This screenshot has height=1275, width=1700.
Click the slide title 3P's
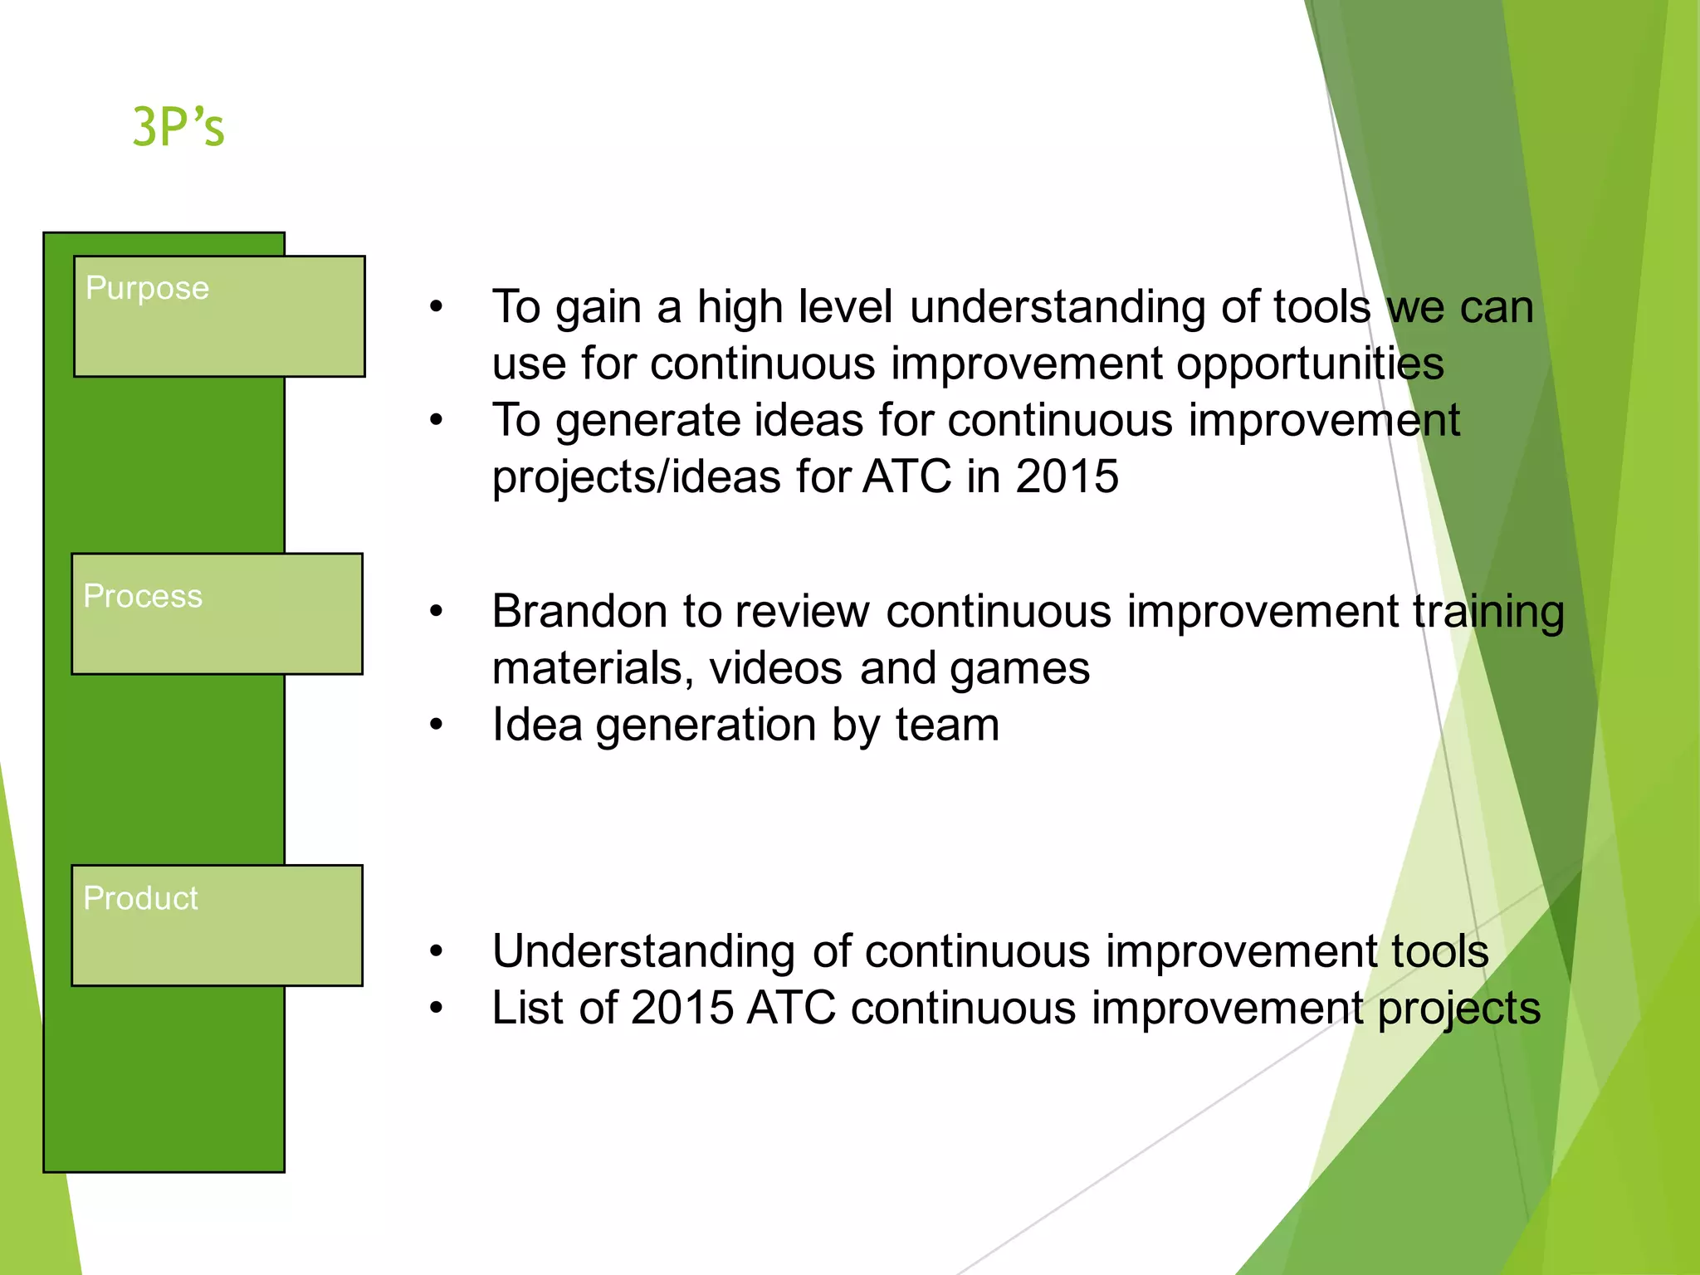[x=178, y=127]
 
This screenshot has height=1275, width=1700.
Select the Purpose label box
[x=219, y=316]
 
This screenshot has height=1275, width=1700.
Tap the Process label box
[x=217, y=613]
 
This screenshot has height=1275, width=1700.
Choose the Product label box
[x=217, y=925]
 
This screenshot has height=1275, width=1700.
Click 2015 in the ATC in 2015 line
[x=1067, y=476]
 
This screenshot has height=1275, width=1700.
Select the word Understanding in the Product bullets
[x=643, y=952]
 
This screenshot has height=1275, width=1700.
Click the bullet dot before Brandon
[x=437, y=613]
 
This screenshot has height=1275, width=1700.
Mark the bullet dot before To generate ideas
[x=437, y=421]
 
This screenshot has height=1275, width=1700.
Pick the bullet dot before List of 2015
[x=437, y=1009]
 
